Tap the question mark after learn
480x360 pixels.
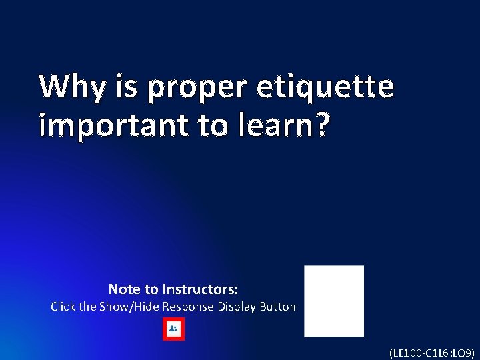tap(321, 125)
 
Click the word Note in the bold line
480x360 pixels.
tap(124, 289)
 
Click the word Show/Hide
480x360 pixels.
tap(128, 307)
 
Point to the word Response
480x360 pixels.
tap(187, 307)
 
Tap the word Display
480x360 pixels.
tap(237, 307)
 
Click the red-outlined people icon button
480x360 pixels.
tap(173, 329)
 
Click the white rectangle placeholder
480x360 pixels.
tap(334, 301)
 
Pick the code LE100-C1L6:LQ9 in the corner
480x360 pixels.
tap(432, 352)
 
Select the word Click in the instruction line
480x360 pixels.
tap(63, 307)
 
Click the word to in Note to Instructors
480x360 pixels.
tap(151, 289)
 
